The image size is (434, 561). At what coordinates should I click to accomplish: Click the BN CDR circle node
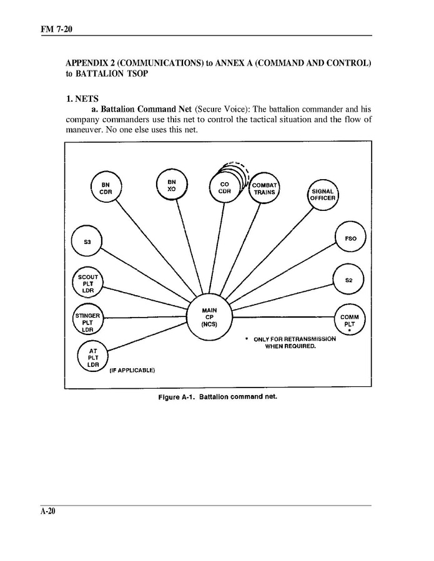(x=106, y=188)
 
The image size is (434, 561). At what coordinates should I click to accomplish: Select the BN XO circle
(x=172, y=185)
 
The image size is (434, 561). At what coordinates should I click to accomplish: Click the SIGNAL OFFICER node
(x=323, y=195)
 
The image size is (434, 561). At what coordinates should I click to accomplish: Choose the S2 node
(x=349, y=280)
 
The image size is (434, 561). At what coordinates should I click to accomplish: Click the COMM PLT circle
(x=349, y=320)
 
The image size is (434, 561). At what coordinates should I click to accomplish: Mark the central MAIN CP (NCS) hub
(x=209, y=317)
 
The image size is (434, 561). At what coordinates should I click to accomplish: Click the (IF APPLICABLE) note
(x=132, y=370)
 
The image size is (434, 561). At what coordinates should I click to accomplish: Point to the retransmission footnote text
(x=293, y=342)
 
